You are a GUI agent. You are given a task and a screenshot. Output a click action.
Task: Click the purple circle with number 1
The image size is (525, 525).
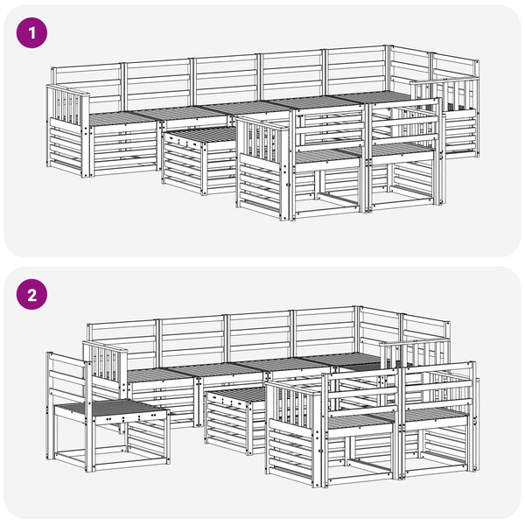click(31, 33)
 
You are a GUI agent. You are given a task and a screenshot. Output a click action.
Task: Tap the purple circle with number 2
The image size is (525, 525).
click(31, 295)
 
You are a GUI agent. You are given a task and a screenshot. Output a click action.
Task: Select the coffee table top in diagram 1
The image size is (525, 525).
click(201, 135)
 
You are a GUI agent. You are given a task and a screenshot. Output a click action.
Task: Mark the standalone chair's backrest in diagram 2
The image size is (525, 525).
click(68, 376)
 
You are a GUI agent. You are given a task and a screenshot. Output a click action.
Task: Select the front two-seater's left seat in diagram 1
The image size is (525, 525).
click(328, 155)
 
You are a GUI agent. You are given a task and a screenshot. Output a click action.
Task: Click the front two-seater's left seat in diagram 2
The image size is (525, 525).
click(361, 421)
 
